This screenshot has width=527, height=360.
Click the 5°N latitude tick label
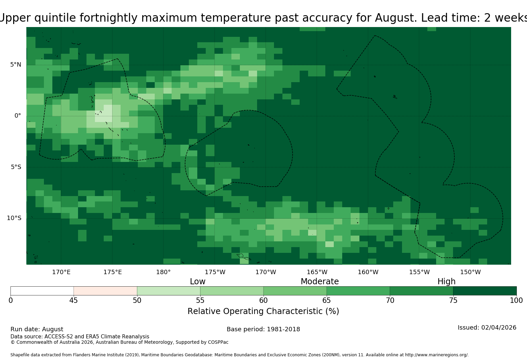tap(16, 65)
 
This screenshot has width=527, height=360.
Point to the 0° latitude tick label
tap(18, 116)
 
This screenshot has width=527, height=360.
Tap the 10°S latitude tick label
tap(14, 218)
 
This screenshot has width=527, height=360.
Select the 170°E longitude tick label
tap(61, 272)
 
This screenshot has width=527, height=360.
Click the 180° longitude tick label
tap(163, 272)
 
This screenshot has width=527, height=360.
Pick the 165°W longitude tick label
tap(317, 272)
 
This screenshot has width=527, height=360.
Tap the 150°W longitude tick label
tap(470, 272)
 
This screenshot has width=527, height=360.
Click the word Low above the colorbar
tap(198, 281)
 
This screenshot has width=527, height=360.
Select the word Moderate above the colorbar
tap(320, 281)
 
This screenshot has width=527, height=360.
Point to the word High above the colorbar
tap(447, 282)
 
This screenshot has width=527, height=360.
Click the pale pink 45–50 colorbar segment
tap(105, 291)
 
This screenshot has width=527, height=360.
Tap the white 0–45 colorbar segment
tap(42, 291)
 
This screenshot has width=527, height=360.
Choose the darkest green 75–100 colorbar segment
tap(485, 291)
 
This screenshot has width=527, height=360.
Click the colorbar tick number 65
tap(327, 301)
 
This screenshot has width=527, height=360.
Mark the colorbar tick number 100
tap(517, 301)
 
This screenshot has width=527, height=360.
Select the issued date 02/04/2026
tap(499, 328)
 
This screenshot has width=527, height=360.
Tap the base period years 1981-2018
tap(283, 329)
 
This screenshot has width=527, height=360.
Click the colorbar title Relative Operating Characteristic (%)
tap(263, 311)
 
